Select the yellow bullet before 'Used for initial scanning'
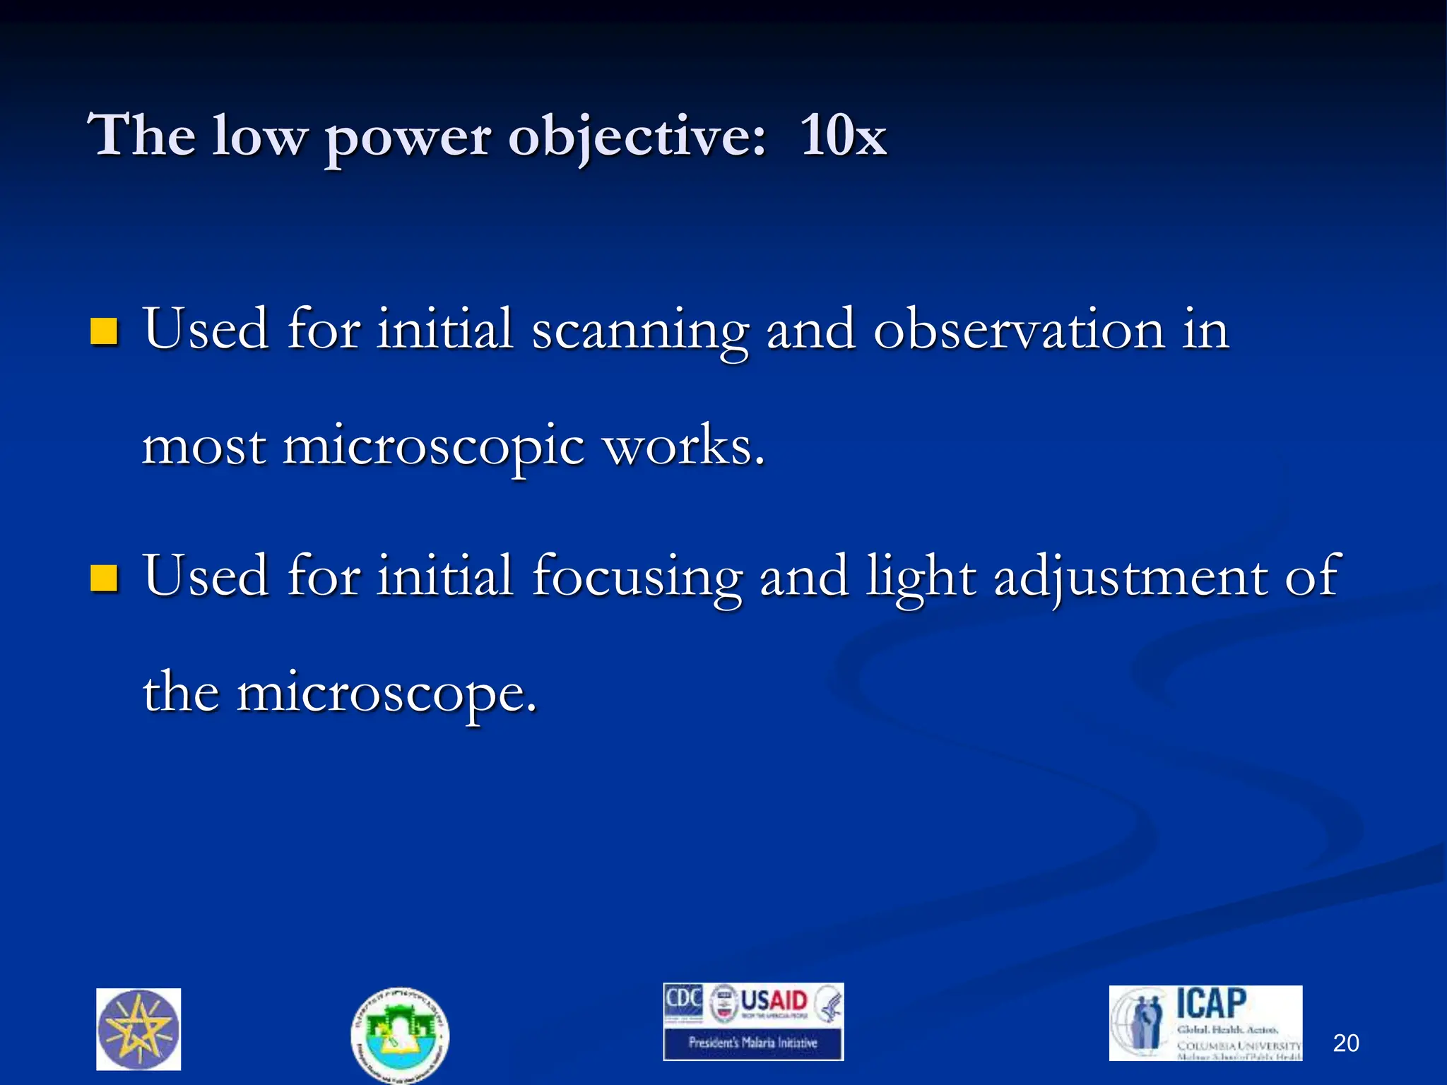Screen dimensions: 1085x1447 pyautogui.click(x=104, y=331)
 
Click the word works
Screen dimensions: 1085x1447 pyautogui.click(x=684, y=446)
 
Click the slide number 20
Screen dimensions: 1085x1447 pyautogui.click(x=1345, y=1043)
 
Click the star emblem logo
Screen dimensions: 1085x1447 pyautogui.click(x=138, y=1028)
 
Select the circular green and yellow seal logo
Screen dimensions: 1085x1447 pyautogui.click(x=399, y=1033)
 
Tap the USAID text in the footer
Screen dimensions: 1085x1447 pyautogui.click(x=774, y=1002)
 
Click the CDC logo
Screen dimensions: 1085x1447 pyautogui.click(x=683, y=1000)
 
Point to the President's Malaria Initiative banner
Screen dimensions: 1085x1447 pyautogui.click(x=752, y=1043)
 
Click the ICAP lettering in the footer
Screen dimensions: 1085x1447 pyautogui.click(x=1211, y=1004)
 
